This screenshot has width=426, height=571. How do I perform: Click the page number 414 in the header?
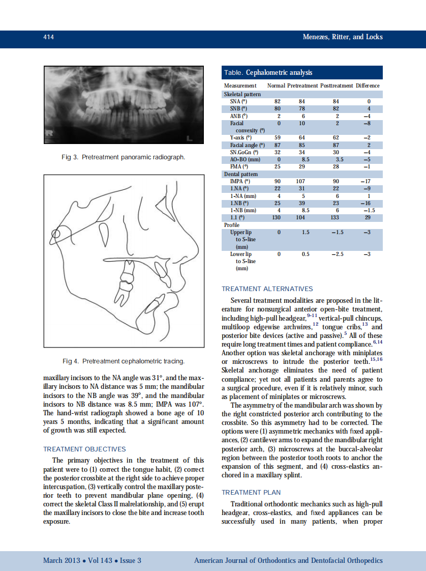48,37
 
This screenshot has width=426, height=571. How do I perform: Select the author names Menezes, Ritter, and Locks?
342,37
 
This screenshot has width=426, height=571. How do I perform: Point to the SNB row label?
238,108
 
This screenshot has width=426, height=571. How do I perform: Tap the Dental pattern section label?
241,174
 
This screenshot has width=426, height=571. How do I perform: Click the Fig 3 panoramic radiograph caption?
123,157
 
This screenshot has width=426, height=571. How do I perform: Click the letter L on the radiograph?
190,138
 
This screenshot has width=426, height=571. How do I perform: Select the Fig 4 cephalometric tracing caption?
123,361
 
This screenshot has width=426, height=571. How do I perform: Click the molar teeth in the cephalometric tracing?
125,285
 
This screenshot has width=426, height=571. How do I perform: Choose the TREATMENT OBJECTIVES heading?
84,449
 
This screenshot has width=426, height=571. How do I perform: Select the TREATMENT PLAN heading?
251,492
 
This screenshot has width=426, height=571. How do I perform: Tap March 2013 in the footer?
62,560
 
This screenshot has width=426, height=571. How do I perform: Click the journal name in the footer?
288,560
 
